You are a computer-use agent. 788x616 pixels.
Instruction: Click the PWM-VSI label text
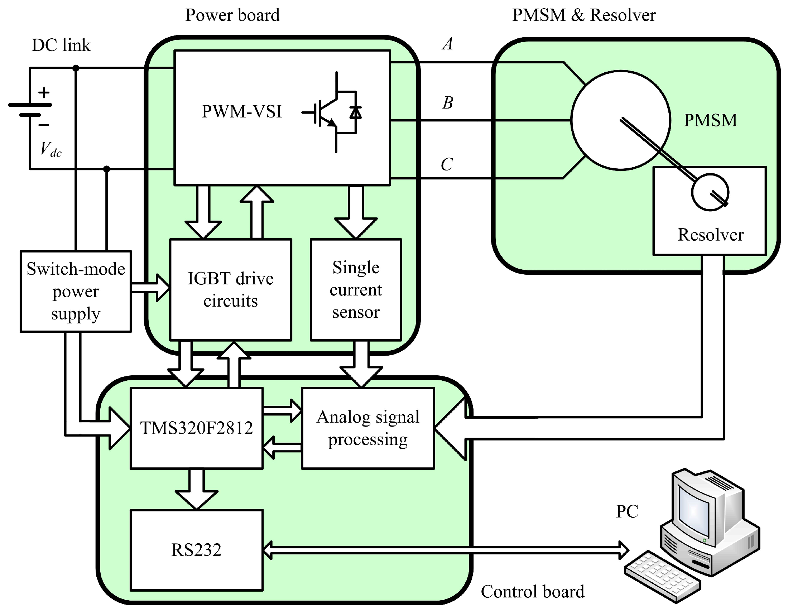point(241,111)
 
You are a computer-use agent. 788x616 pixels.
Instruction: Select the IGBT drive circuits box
point(230,289)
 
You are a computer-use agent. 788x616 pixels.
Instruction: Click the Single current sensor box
point(356,289)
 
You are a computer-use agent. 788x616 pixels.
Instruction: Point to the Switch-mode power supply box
point(76,291)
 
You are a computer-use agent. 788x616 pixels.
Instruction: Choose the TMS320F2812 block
point(196,428)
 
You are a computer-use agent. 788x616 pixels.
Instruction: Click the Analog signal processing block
point(367,428)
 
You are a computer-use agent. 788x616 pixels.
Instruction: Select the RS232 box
point(196,550)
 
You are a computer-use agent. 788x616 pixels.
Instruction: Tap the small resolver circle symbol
point(710,192)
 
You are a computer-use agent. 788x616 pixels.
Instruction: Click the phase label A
point(447,44)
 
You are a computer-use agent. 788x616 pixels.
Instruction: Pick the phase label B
point(447,103)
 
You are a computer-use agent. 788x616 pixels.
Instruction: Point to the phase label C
point(447,164)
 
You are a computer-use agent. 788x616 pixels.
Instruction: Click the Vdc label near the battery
point(51,149)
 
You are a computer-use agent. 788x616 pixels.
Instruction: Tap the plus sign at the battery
point(44,93)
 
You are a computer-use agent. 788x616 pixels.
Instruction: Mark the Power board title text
point(232,15)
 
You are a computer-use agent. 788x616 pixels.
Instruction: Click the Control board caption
point(532,591)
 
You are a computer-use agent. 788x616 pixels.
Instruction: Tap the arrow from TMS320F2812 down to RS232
point(196,489)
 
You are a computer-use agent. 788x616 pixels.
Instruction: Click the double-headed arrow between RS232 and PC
point(446,550)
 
